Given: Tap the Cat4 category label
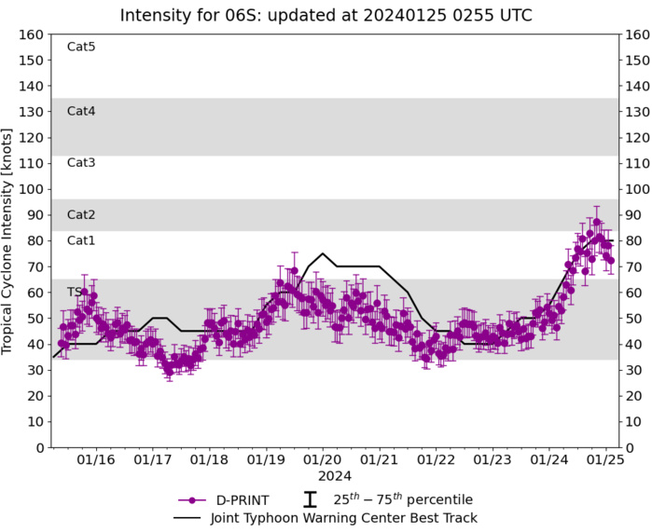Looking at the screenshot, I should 81,111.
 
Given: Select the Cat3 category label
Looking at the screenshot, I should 81,163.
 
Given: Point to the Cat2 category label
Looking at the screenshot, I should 81,214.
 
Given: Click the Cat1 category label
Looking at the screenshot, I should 81,240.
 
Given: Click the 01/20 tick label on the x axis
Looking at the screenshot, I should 322,459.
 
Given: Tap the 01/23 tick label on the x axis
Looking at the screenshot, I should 492,459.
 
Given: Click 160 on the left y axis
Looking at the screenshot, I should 33,34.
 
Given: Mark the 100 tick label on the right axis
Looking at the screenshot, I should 637,189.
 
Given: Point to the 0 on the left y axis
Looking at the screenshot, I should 40,448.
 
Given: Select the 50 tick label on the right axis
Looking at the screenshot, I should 634,319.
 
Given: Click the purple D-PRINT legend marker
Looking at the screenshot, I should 192,499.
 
